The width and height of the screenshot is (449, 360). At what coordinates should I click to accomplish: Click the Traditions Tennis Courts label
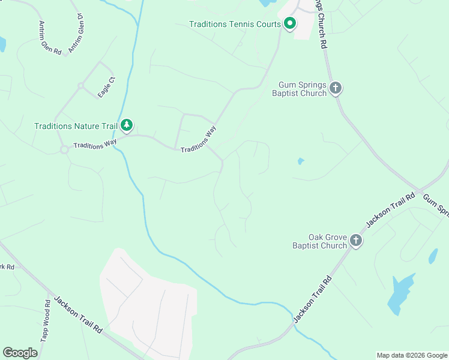[235, 25]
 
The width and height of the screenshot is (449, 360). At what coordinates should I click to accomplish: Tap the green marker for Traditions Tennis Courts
[290, 24]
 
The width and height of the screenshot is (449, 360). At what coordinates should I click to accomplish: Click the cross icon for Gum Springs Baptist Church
[336, 89]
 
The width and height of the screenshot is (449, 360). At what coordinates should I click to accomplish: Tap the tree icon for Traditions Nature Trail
[126, 125]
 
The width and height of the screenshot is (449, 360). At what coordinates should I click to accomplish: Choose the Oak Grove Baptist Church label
[319, 241]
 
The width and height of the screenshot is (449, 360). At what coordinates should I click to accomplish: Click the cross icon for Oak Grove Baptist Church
[356, 241]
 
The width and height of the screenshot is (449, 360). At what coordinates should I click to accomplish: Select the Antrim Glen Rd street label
[49, 38]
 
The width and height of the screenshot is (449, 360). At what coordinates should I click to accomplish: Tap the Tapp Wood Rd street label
[44, 321]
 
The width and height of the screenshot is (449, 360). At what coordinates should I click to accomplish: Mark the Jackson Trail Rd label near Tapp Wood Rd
[78, 314]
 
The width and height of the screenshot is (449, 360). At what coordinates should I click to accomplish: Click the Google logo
[20, 353]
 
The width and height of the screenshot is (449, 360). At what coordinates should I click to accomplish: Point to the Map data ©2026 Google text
[411, 355]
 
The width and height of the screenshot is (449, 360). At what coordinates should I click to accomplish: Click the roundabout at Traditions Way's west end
[64, 150]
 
